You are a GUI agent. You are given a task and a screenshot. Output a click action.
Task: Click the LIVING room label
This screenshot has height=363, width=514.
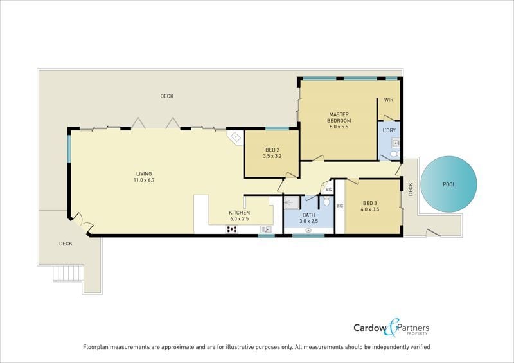tap(144, 174)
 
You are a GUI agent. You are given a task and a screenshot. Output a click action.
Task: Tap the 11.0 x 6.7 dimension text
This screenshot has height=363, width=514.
tap(144, 180)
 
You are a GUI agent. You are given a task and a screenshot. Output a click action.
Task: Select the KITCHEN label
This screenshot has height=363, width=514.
tap(239, 213)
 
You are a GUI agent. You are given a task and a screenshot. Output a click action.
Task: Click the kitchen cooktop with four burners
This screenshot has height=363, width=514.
tap(232, 229)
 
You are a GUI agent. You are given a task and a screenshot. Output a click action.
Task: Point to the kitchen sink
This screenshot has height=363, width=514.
tap(266, 229)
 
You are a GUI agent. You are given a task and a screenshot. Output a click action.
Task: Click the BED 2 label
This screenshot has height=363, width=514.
tap(272, 150)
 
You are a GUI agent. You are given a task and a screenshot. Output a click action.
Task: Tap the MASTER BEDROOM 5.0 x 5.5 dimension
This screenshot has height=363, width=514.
tap(339, 127)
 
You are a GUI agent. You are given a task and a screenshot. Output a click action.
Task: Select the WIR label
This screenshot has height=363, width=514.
tap(389, 100)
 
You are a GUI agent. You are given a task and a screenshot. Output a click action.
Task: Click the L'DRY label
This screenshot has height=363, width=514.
tap(389, 130)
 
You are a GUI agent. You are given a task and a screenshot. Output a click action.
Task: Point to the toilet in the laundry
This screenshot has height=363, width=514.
tap(394, 154)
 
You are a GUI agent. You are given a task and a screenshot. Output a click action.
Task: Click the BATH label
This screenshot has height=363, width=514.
tap(308, 215)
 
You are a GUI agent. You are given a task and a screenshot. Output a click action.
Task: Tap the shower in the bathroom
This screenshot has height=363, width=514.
tap(292, 202)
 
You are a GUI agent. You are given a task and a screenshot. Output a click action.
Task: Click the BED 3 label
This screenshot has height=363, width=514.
tap(370, 203)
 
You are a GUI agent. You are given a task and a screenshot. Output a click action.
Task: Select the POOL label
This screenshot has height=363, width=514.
tap(449, 184)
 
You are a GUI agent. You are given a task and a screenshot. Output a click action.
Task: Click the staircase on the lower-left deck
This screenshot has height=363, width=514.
tap(68, 273)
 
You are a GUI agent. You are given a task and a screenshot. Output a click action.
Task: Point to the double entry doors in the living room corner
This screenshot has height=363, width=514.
tap(82, 222)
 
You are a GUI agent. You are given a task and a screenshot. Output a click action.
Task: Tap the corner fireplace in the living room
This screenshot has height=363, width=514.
tap(235, 137)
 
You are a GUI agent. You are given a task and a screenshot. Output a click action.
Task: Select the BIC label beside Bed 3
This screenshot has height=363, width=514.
tap(340, 206)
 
